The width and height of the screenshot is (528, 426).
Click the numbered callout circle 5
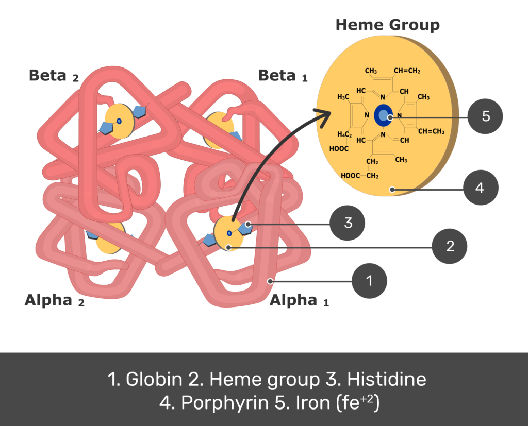pyautogui.click(x=485, y=116)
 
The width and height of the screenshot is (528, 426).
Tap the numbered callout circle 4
pyautogui.click(x=481, y=188)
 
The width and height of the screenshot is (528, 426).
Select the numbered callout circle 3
pyautogui.click(x=347, y=223)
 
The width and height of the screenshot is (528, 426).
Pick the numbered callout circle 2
pyautogui.click(x=450, y=246)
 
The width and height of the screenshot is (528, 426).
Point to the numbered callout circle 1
pyautogui.click(x=369, y=281)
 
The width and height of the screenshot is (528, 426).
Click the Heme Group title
pyautogui.click(x=388, y=25)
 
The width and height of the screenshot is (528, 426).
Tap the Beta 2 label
pyautogui.click(x=54, y=76)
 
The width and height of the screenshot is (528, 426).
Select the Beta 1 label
pyautogui.click(x=283, y=76)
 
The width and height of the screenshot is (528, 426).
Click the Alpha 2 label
pyautogui.click(x=55, y=300)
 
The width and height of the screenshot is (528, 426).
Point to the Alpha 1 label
pyautogui.click(x=299, y=300)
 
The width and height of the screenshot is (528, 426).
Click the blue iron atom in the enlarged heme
pyautogui.click(x=383, y=115)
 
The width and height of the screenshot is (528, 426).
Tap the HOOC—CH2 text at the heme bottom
pyautogui.click(x=359, y=176)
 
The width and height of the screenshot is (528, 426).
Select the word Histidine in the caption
pyautogui.click(x=387, y=379)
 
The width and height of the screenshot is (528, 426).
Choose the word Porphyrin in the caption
pyautogui.click(x=225, y=402)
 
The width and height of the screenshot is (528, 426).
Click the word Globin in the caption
pyautogui.click(x=154, y=379)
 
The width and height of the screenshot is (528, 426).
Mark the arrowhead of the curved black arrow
pyautogui.click(x=324, y=116)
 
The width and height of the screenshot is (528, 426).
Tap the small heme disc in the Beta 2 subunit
pyautogui.click(x=119, y=121)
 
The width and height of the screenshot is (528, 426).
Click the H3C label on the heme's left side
pyautogui.click(x=343, y=97)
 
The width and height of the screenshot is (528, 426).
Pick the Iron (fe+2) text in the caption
pyautogui.click(x=337, y=402)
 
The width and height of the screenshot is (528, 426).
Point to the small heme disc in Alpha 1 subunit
pyautogui.click(x=228, y=233)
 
